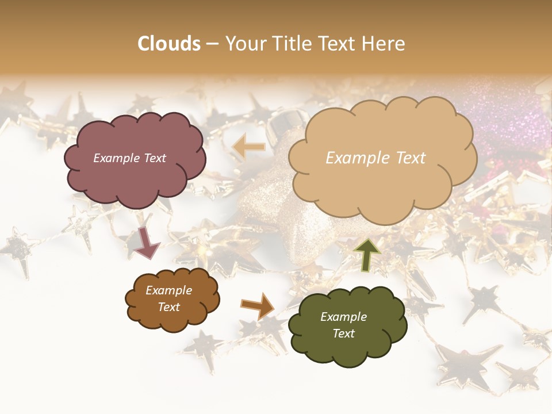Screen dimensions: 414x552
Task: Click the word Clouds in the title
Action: click(x=168, y=44)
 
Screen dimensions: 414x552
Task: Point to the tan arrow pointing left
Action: click(x=249, y=147)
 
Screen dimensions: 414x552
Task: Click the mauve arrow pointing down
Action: click(x=148, y=242)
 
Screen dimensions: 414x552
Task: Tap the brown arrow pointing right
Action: click(x=258, y=306)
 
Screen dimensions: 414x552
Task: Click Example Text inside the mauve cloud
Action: click(x=129, y=158)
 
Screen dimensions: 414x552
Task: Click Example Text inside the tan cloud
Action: click(x=375, y=158)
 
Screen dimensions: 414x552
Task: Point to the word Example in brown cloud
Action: click(x=168, y=290)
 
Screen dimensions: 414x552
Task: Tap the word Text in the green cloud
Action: click(x=343, y=333)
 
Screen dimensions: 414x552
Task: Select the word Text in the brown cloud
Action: click(x=168, y=307)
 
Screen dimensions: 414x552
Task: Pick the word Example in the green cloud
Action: click(x=343, y=317)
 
